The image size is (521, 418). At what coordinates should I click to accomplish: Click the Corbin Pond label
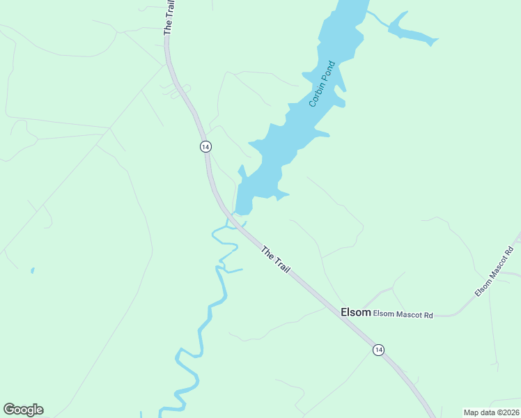click(x=322, y=84)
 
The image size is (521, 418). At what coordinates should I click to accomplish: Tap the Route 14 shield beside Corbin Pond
click(x=205, y=146)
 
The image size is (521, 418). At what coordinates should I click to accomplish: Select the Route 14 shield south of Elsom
click(x=378, y=349)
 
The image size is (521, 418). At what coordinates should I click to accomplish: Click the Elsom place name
click(x=355, y=313)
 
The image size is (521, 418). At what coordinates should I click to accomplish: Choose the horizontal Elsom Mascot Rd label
click(x=403, y=315)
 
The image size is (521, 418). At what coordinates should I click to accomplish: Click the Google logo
click(x=23, y=410)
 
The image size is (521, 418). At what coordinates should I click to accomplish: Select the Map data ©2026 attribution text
click(x=491, y=412)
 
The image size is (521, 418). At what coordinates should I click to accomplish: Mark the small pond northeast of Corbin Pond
click(x=411, y=31)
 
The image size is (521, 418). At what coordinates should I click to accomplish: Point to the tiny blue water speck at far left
click(x=32, y=270)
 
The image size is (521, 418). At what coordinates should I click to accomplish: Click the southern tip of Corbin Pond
click(x=243, y=211)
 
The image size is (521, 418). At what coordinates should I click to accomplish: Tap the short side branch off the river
click(x=234, y=270)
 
